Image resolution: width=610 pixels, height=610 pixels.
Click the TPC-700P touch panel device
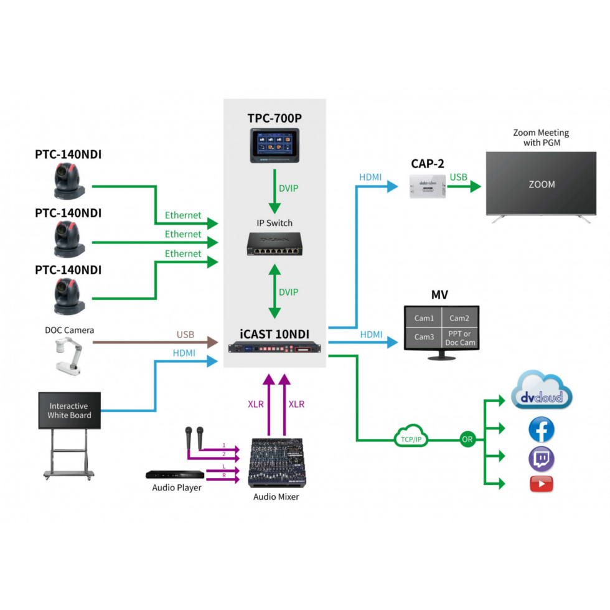coord(274,145)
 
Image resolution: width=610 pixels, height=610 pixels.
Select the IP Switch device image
coord(274,243)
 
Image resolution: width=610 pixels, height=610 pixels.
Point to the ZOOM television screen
coord(541,184)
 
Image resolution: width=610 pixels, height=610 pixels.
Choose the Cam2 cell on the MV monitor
coord(459,318)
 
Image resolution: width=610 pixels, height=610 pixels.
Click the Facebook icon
coord(541,429)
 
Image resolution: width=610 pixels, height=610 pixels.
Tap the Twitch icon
coord(541,459)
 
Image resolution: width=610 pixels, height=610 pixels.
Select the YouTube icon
coord(541,484)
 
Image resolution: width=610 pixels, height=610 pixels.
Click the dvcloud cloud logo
coord(541,392)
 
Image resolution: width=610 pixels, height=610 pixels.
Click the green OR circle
coord(467,439)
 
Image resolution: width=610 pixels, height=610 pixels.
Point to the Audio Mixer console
coord(275,464)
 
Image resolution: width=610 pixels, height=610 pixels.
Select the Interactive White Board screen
coord(69,411)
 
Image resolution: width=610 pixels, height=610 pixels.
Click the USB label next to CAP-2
coord(458,177)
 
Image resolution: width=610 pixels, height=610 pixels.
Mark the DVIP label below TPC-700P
coord(288,187)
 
